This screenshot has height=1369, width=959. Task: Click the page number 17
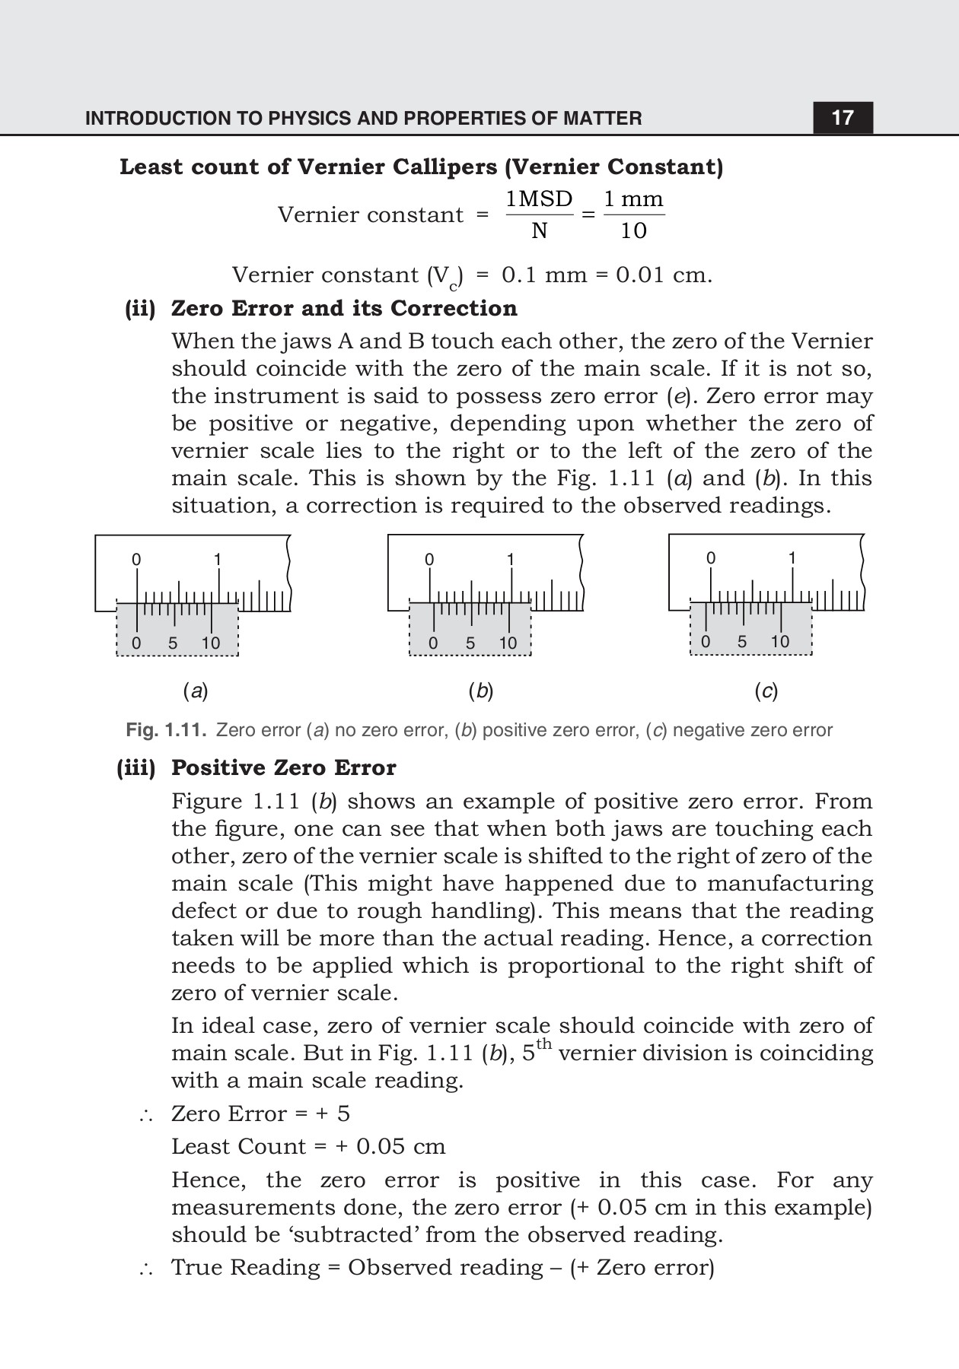tap(842, 118)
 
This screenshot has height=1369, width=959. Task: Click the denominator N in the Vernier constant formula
tap(539, 230)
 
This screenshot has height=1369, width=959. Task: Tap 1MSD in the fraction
tap(539, 199)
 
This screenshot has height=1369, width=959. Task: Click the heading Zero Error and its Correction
tap(343, 308)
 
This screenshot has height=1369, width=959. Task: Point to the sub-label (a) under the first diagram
tap(196, 691)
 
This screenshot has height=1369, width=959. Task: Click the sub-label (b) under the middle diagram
tap(481, 691)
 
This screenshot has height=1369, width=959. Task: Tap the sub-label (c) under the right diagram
tap(766, 691)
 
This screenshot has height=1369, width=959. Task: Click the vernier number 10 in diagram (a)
tap(210, 643)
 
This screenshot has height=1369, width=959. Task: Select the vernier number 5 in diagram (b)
tap(470, 643)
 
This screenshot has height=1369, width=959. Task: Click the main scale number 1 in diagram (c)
tap(792, 558)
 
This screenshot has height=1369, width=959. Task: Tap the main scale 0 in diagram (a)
tap(136, 560)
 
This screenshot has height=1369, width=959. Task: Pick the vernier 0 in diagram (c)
tap(706, 642)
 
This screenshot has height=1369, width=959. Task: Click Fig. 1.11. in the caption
tap(166, 730)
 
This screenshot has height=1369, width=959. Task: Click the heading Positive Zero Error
tap(283, 768)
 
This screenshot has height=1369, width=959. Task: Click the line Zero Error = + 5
tap(260, 1113)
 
